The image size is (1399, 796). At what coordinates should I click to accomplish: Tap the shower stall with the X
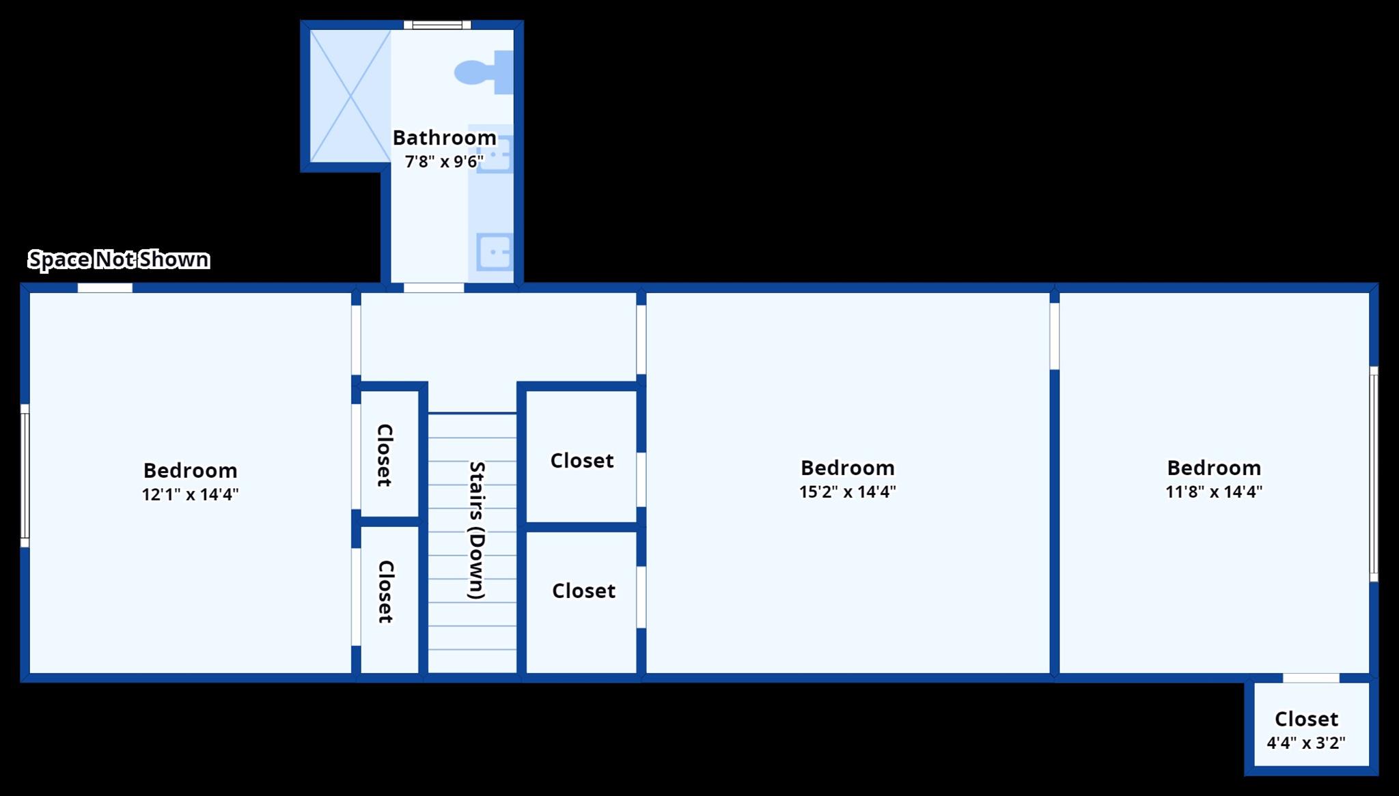pos(350,96)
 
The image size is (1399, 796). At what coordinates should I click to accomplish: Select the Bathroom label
pos(444,137)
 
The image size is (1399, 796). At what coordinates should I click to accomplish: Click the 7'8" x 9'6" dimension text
pos(444,162)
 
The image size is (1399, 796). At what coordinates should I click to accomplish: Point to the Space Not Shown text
pos(119,259)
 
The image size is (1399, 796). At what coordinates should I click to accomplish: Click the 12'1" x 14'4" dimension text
pos(190,494)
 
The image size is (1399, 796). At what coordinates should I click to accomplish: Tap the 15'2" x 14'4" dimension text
pos(847,492)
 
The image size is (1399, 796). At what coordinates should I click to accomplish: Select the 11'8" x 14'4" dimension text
pos(1213,492)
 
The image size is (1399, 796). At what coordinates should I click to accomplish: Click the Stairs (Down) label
pos(476,530)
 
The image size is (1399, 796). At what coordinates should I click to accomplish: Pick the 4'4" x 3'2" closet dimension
pos(1306,743)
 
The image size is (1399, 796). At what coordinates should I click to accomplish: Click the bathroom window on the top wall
pos(437,25)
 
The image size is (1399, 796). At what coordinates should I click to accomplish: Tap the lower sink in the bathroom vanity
pos(494,252)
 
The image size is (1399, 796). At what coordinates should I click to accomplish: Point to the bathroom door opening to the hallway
pos(434,288)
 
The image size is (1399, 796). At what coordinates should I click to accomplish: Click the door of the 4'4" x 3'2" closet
pos(1311,678)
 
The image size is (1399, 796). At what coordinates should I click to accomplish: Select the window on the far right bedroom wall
pos(1373,474)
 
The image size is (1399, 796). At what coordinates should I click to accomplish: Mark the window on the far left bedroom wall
pos(25,475)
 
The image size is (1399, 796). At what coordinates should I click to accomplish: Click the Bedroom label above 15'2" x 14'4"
pos(847,468)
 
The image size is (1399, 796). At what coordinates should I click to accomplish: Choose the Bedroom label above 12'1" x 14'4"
pos(190,470)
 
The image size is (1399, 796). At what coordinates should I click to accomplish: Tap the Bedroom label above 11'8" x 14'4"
pos(1213,468)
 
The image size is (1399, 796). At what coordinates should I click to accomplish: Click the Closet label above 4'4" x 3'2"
pos(1306,719)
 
